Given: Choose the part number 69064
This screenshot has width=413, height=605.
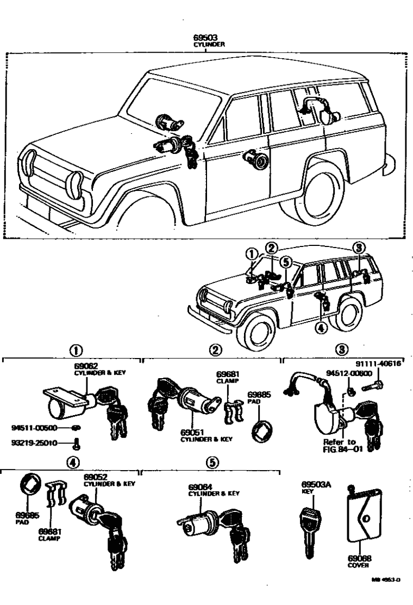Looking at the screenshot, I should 201,487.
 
